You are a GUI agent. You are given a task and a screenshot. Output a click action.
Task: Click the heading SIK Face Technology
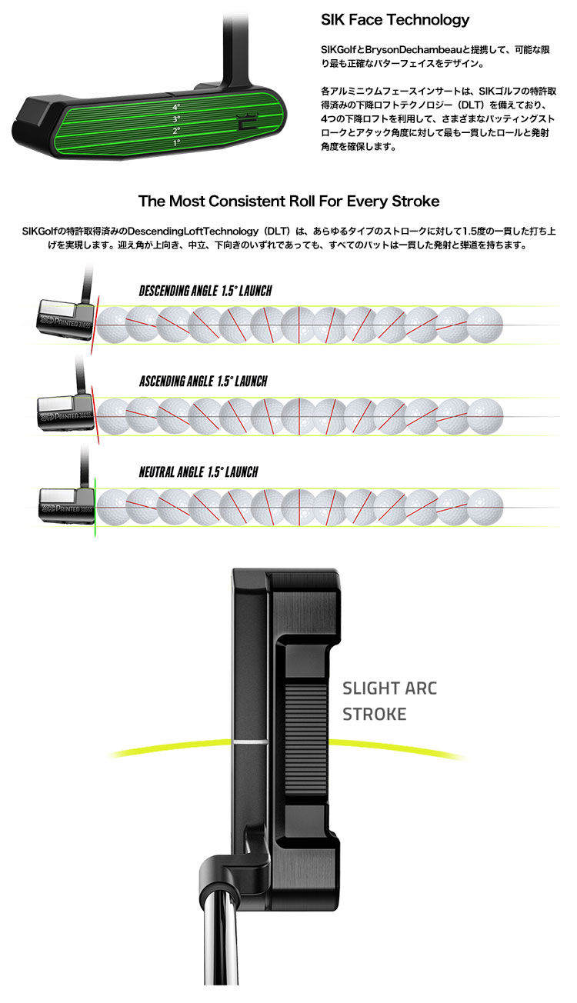click(395, 20)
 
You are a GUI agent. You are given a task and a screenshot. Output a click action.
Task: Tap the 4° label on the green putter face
click(176, 107)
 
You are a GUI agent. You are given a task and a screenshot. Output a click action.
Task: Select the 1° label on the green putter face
click(176, 143)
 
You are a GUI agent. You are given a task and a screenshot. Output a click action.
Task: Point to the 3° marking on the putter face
click(176, 119)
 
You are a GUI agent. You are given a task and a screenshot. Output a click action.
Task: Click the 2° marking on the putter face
click(176, 131)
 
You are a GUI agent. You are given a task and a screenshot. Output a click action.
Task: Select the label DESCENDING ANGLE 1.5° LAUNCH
click(205, 292)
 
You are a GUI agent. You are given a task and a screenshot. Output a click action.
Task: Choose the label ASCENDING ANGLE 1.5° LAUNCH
click(203, 382)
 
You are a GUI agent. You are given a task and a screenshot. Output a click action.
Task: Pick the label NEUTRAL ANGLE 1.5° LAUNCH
click(198, 472)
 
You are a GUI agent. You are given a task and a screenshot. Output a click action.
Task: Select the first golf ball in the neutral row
click(112, 505)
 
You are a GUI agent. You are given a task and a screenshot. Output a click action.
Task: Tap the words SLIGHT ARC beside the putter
click(389, 688)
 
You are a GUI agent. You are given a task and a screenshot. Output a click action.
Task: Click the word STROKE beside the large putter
click(375, 715)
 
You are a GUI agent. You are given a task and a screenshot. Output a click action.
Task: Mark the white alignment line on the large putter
click(248, 743)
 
